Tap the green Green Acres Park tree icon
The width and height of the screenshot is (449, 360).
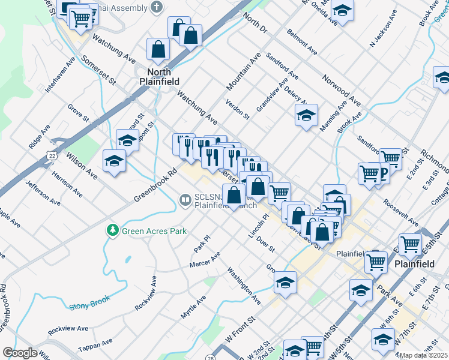[x=112, y=230]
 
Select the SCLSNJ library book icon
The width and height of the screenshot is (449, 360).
[x=185, y=200]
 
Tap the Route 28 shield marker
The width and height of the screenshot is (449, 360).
[x=211, y=358]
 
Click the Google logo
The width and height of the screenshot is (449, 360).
[x=20, y=353]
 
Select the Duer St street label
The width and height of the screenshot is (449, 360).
[x=265, y=244]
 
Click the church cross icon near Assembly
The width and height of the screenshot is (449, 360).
[x=157, y=8]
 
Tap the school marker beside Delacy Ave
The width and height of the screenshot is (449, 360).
[x=306, y=115]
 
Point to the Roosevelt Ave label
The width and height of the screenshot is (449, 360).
[x=402, y=212]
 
